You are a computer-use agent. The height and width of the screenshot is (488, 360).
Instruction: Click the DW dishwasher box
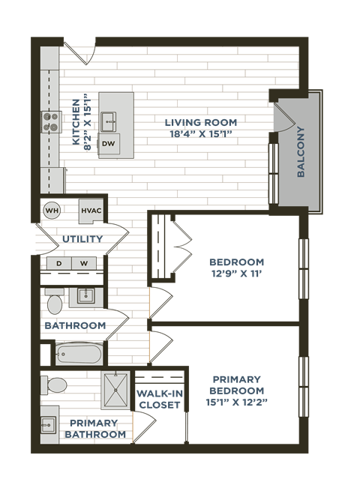click(x=109, y=143)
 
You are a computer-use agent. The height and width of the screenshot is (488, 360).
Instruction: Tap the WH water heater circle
click(x=51, y=211)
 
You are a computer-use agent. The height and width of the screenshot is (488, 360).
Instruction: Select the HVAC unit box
click(x=91, y=211)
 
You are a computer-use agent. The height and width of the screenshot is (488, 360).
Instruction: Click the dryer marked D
click(x=59, y=263)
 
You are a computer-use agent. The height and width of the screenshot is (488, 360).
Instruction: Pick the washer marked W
click(x=84, y=263)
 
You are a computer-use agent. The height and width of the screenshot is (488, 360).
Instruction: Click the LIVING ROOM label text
click(x=202, y=122)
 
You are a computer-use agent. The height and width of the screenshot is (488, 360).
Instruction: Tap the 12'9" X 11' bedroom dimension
click(x=236, y=274)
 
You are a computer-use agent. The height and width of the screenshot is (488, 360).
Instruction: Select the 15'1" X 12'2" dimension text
click(x=236, y=403)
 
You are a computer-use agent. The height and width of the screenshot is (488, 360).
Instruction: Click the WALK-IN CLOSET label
click(x=159, y=399)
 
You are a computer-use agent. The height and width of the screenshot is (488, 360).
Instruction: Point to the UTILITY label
click(x=82, y=239)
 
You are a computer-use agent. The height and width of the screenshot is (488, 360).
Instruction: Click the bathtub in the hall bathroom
click(x=78, y=352)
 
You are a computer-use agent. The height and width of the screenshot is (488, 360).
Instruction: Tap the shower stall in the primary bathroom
click(x=115, y=389)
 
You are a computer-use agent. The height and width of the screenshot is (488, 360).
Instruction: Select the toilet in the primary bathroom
click(x=55, y=385)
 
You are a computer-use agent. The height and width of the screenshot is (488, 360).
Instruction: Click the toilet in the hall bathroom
click(x=54, y=304)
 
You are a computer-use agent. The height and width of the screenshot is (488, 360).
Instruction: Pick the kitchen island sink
click(x=109, y=120)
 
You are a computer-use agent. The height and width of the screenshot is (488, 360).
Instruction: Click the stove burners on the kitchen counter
click(x=50, y=121)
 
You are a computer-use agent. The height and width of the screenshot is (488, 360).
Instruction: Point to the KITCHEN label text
click(x=76, y=122)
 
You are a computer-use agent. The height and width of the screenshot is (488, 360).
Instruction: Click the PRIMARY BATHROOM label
click(x=95, y=429)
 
